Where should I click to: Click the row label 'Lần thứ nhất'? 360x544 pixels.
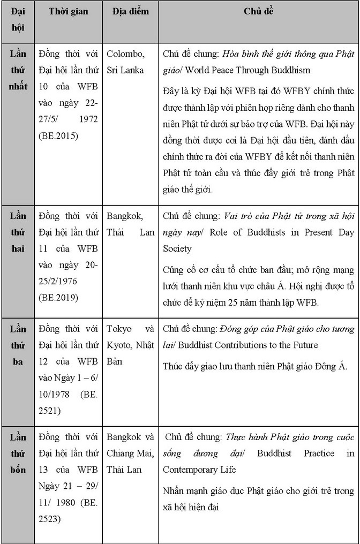tap(18, 70)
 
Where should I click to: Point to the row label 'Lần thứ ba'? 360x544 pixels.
tap(18, 345)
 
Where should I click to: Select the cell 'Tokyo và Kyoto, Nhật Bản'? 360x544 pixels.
tap(130, 345)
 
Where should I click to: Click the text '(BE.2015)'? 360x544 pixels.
tap(57, 136)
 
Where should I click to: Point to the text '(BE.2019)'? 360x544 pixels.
tap(57, 297)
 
